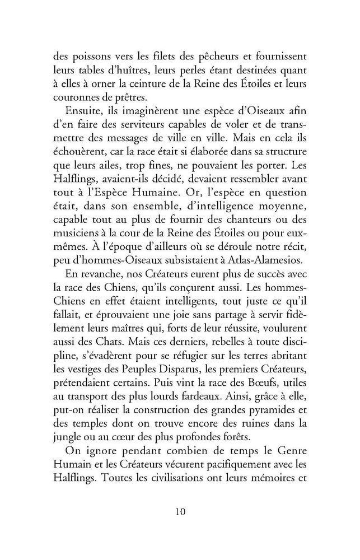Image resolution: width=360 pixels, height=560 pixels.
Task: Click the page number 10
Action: pos(180,513)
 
